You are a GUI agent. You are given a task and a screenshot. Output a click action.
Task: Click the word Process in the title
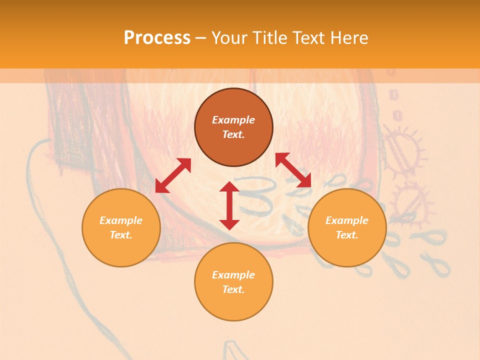(x=157, y=38)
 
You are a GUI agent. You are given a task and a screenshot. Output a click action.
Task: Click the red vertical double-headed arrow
(x=229, y=205)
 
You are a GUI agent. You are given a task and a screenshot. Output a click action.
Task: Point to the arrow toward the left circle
(x=173, y=175)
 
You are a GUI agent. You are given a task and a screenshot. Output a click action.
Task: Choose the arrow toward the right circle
(x=293, y=170)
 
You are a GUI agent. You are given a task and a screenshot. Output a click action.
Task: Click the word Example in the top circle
(x=233, y=120)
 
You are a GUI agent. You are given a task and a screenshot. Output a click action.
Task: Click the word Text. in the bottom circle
(x=233, y=289)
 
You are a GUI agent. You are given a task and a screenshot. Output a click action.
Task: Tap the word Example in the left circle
(x=121, y=220)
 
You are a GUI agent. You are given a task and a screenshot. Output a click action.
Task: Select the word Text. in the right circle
(x=347, y=235)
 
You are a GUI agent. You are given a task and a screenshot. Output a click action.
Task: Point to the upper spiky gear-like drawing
(x=402, y=150)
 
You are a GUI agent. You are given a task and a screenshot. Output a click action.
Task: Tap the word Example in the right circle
(x=347, y=220)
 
